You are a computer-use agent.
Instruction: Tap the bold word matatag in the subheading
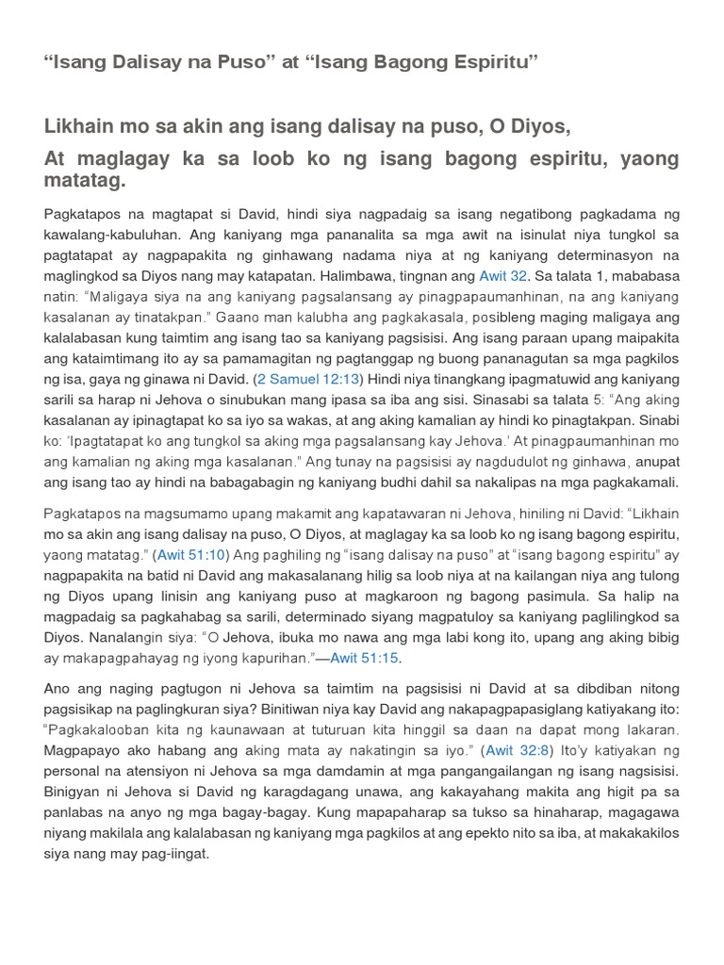85,180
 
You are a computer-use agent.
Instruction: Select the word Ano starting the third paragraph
59,689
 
